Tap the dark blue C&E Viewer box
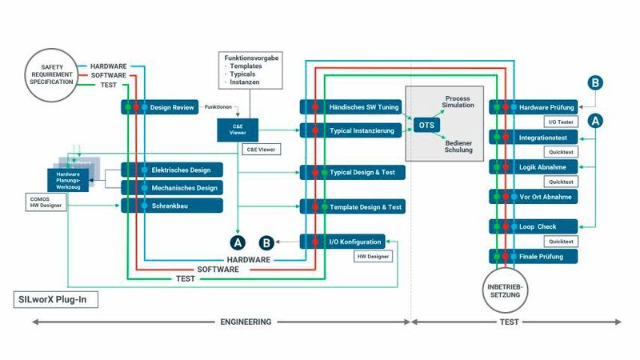coord(238,130)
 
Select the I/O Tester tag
coord(562,122)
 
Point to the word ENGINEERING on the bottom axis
coord(246,322)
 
